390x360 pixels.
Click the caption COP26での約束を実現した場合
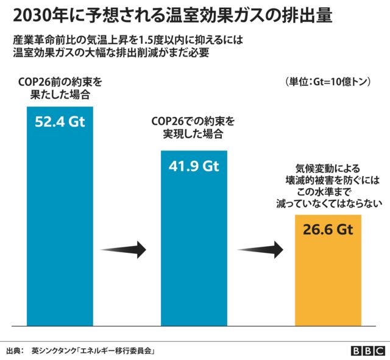coord(193,127)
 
